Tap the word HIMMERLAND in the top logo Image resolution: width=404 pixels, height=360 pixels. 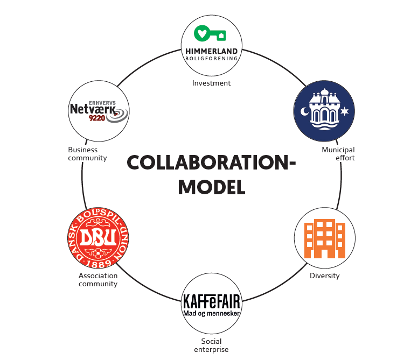click(211, 51)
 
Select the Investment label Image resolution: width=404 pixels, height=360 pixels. click(211, 83)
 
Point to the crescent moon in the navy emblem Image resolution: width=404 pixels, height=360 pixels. click(304, 111)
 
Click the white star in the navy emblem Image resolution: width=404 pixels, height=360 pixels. click(344, 111)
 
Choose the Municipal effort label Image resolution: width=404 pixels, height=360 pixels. click(338, 154)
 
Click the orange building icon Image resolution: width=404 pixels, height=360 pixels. click(324, 238)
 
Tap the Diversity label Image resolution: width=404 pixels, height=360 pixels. click(324, 276)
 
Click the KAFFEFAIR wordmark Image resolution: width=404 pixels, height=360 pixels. click(211, 301)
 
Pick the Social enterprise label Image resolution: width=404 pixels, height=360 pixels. click(211, 345)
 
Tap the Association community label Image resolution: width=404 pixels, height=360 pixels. click(98, 280)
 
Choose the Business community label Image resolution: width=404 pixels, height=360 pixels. click(87, 154)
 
